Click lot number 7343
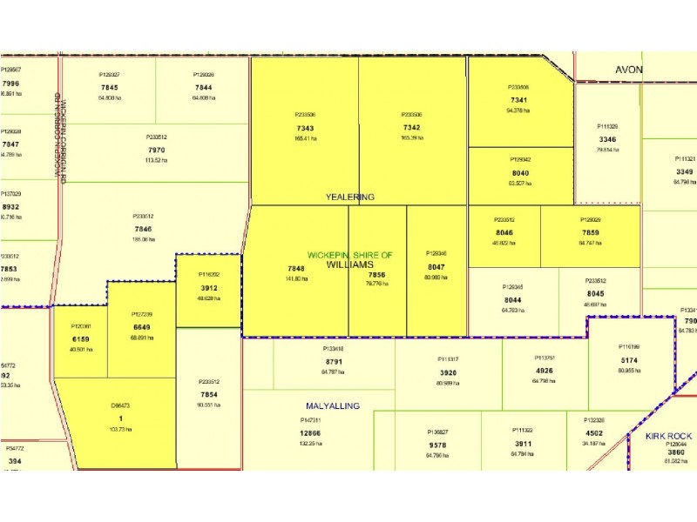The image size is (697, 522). point(305,127)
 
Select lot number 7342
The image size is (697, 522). point(412,127)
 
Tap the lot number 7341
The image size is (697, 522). point(518,99)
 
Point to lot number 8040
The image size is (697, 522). point(519,172)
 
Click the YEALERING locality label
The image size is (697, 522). point(349,197)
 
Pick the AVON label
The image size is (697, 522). point(629,70)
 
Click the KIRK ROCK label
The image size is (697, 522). point(668,436)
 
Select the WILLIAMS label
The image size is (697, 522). point(349,264)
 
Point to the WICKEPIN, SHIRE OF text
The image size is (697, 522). point(349,255)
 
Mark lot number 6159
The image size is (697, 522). point(80,338)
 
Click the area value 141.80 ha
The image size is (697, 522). point(295,278)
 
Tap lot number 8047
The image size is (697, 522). point(436,266)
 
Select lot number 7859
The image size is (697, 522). point(590,233)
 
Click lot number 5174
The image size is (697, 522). point(630,359)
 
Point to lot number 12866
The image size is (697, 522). point(310,432)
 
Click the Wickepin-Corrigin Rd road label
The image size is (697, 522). point(59,135)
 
